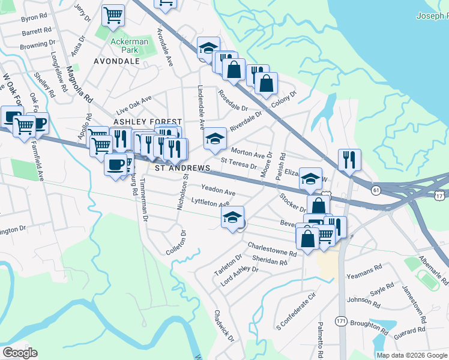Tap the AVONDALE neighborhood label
coord(116,61)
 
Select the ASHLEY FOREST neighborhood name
coord(139,122)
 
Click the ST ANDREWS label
coord(182,169)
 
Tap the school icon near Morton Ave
coord(215,139)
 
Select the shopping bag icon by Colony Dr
coord(266,83)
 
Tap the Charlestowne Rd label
coord(273,250)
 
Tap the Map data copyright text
coord(412,355)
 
